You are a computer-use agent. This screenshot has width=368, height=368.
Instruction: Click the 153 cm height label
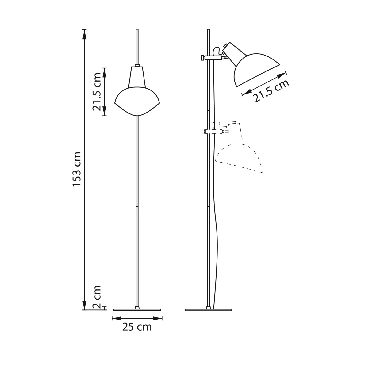pos(77,169)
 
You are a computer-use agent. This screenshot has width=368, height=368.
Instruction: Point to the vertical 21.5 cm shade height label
pos(96,92)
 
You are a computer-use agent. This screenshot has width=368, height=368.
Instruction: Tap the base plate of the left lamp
pos(137,315)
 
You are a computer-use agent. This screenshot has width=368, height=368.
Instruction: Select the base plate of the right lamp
pos(208,315)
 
